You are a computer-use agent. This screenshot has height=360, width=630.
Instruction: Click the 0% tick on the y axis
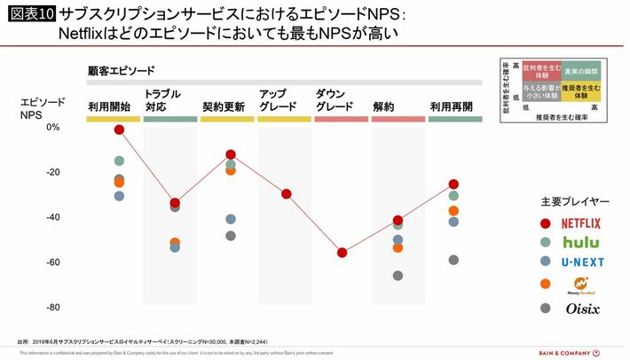[x=52, y=128]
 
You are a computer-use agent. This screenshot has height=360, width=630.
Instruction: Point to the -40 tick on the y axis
[x=51, y=217]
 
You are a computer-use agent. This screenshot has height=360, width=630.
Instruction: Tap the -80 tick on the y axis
[x=51, y=308]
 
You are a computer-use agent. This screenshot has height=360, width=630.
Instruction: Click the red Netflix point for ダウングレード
[x=342, y=253]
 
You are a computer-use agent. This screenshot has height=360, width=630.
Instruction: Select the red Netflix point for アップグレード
[x=286, y=194]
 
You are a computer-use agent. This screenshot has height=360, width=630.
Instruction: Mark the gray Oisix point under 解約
[x=398, y=276]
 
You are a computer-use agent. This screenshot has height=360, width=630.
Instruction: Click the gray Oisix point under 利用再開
[x=453, y=260]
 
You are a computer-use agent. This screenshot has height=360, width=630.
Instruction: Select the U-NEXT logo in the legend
[x=581, y=262]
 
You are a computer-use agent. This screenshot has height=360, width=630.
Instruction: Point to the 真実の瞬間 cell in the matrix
[x=581, y=69]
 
